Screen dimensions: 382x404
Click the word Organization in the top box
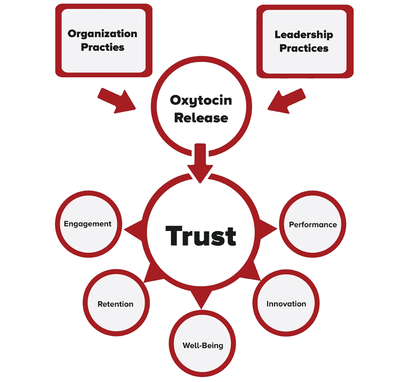tap(102, 33)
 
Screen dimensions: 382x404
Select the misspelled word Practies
tap(102, 47)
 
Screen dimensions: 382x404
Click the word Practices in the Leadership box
tap(304, 48)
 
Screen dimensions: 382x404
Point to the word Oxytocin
tap(201, 100)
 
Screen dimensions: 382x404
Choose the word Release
tap(201, 118)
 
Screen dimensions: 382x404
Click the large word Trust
tap(201, 236)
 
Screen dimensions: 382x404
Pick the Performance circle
tap(313, 225)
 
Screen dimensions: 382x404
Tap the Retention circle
tap(116, 304)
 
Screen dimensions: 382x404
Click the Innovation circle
tap(286, 304)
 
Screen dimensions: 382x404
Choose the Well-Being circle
tap(203, 345)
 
